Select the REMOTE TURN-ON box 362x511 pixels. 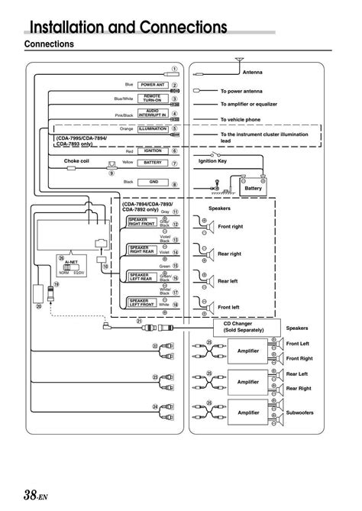pyautogui.click(x=153, y=99)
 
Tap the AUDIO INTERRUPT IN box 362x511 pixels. pyautogui.click(x=153, y=112)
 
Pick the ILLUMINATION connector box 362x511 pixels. pyautogui.click(x=153, y=129)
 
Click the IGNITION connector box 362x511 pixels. pyautogui.click(x=153, y=151)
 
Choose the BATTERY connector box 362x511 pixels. pyautogui.click(x=153, y=163)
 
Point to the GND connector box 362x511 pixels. pyautogui.click(x=153, y=182)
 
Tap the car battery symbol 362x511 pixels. pyautogui.click(x=252, y=186)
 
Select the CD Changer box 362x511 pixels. pyautogui.click(x=244, y=327)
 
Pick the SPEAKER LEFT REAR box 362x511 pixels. pyautogui.click(x=142, y=277)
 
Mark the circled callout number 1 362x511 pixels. pyautogui.click(x=175, y=70)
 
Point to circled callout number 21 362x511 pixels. pyautogui.click(x=139, y=321)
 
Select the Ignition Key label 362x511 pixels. pyautogui.click(x=213, y=162)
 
